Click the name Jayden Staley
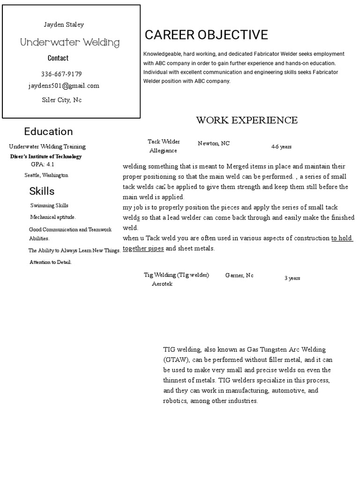pos(64,24)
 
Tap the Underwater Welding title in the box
pos(70,43)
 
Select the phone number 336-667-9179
pos(61,74)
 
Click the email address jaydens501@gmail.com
pos(64,86)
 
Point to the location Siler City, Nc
pos(62,100)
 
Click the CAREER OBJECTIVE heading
pos(206,35)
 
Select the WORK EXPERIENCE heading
pos(247,120)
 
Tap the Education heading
pos(48,131)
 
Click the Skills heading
pos(42,191)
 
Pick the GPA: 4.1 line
pos(43,165)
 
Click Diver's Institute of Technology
pos(46,157)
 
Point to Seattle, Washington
pos(46,175)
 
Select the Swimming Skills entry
pos(49,205)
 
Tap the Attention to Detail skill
pos(51,262)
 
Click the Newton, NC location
pos(214,143)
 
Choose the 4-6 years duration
pos(281,147)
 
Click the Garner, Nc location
pos(239,276)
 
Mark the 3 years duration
pos(292,278)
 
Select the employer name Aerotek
pos(162,284)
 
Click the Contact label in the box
pos(58,58)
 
